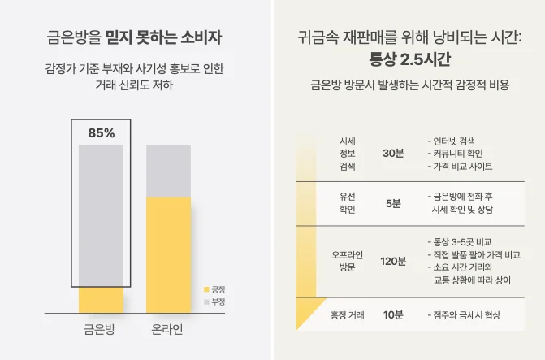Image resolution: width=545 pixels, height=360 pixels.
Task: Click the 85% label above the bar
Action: pos(102,132)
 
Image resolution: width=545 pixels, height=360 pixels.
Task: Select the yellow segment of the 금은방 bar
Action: pos(102,299)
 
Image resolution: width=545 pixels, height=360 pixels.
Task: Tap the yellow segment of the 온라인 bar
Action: pos(168,254)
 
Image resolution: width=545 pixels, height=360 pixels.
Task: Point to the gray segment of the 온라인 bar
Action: pos(168,171)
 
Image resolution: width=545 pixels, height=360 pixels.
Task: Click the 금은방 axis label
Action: pos(102,331)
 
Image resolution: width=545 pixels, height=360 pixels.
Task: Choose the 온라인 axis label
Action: pos(168,331)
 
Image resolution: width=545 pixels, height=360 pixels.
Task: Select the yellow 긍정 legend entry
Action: pos(214,289)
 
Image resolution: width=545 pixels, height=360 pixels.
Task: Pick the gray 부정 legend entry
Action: pos(214,301)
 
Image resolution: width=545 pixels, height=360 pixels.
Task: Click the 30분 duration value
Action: pos(392,153)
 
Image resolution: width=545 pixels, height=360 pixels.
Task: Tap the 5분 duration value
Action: pos(393,203)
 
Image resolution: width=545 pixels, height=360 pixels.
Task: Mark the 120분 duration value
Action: pos(393,261)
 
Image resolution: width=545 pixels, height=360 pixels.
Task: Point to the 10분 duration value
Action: pos(393,314)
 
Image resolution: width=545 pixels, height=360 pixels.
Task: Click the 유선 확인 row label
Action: pos(347,203)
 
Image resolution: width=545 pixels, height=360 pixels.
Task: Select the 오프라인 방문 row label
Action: pos(347,260)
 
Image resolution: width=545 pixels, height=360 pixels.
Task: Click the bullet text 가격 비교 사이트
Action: pos(463,166)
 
